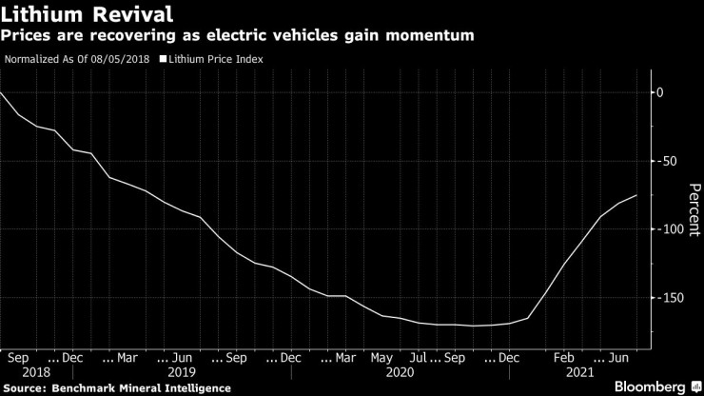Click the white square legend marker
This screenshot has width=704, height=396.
[x=162, y=59]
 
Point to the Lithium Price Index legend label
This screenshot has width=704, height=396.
[x=216, y=59]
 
